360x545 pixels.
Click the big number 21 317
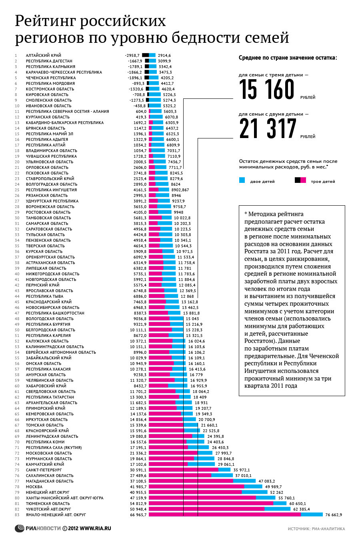point(268,129)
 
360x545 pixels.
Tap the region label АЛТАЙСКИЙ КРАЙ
point(44,55)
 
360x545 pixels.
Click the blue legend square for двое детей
point(242,180)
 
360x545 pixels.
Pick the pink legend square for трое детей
point(303,180)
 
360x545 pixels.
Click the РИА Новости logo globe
point(20,529)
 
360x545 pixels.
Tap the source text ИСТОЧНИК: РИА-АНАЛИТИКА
point(316,529)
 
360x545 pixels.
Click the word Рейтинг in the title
point(49,21)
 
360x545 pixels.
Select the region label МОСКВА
point(34,487)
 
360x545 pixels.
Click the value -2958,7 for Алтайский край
point(132,55)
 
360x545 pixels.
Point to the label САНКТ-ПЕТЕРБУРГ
point(44,470)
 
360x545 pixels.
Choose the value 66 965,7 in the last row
point(138,515)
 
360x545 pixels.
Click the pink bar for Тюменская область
point(211,503)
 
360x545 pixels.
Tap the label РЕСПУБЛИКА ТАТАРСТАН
point(50,397)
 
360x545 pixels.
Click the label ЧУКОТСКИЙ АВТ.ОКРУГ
point(48,509)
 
